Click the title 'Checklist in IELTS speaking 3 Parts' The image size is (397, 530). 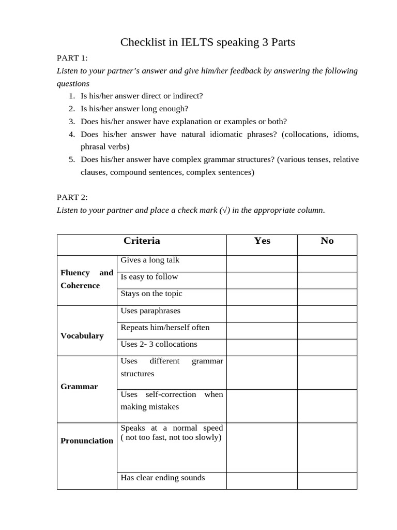(207, 42)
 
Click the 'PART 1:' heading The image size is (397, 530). (72, 58)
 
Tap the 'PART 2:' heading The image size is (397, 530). (72, 197)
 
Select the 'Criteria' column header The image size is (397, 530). (142, 241)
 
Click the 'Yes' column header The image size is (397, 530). (262, 241)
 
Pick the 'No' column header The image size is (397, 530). (327, 241)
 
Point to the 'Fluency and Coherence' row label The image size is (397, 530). (86, 279)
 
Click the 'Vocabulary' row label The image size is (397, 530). (82, 335)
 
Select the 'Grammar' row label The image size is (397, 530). (79, 386)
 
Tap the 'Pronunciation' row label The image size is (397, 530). (87, 440)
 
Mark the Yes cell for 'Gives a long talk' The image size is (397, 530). (262, 263)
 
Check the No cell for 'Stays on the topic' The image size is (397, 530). (327, 297)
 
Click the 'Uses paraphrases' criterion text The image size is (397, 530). (150, 311)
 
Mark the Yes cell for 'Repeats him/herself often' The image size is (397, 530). (262, 331)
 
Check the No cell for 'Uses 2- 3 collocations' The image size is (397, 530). (327, 347)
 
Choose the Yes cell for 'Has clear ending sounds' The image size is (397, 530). (262, 481)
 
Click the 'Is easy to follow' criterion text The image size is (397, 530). (149, 277)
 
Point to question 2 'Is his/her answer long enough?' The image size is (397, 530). (134, 109)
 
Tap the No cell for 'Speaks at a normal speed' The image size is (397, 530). (327, 447)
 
